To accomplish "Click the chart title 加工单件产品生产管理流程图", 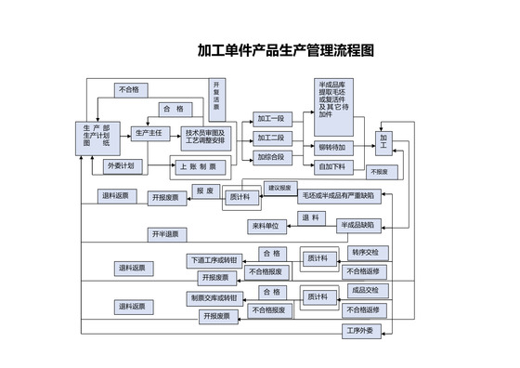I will pos(286,50).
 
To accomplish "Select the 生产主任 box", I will pos(149,134).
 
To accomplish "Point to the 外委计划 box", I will pos(120,165).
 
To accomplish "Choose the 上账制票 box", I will pos(198,167).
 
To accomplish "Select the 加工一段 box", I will pos(271,119).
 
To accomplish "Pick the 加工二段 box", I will pos(271,138).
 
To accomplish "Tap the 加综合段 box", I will pos(271,157).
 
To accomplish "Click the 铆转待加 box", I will pos(331,148).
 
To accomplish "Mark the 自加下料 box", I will pos(331,166).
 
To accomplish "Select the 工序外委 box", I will pos(359,330).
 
